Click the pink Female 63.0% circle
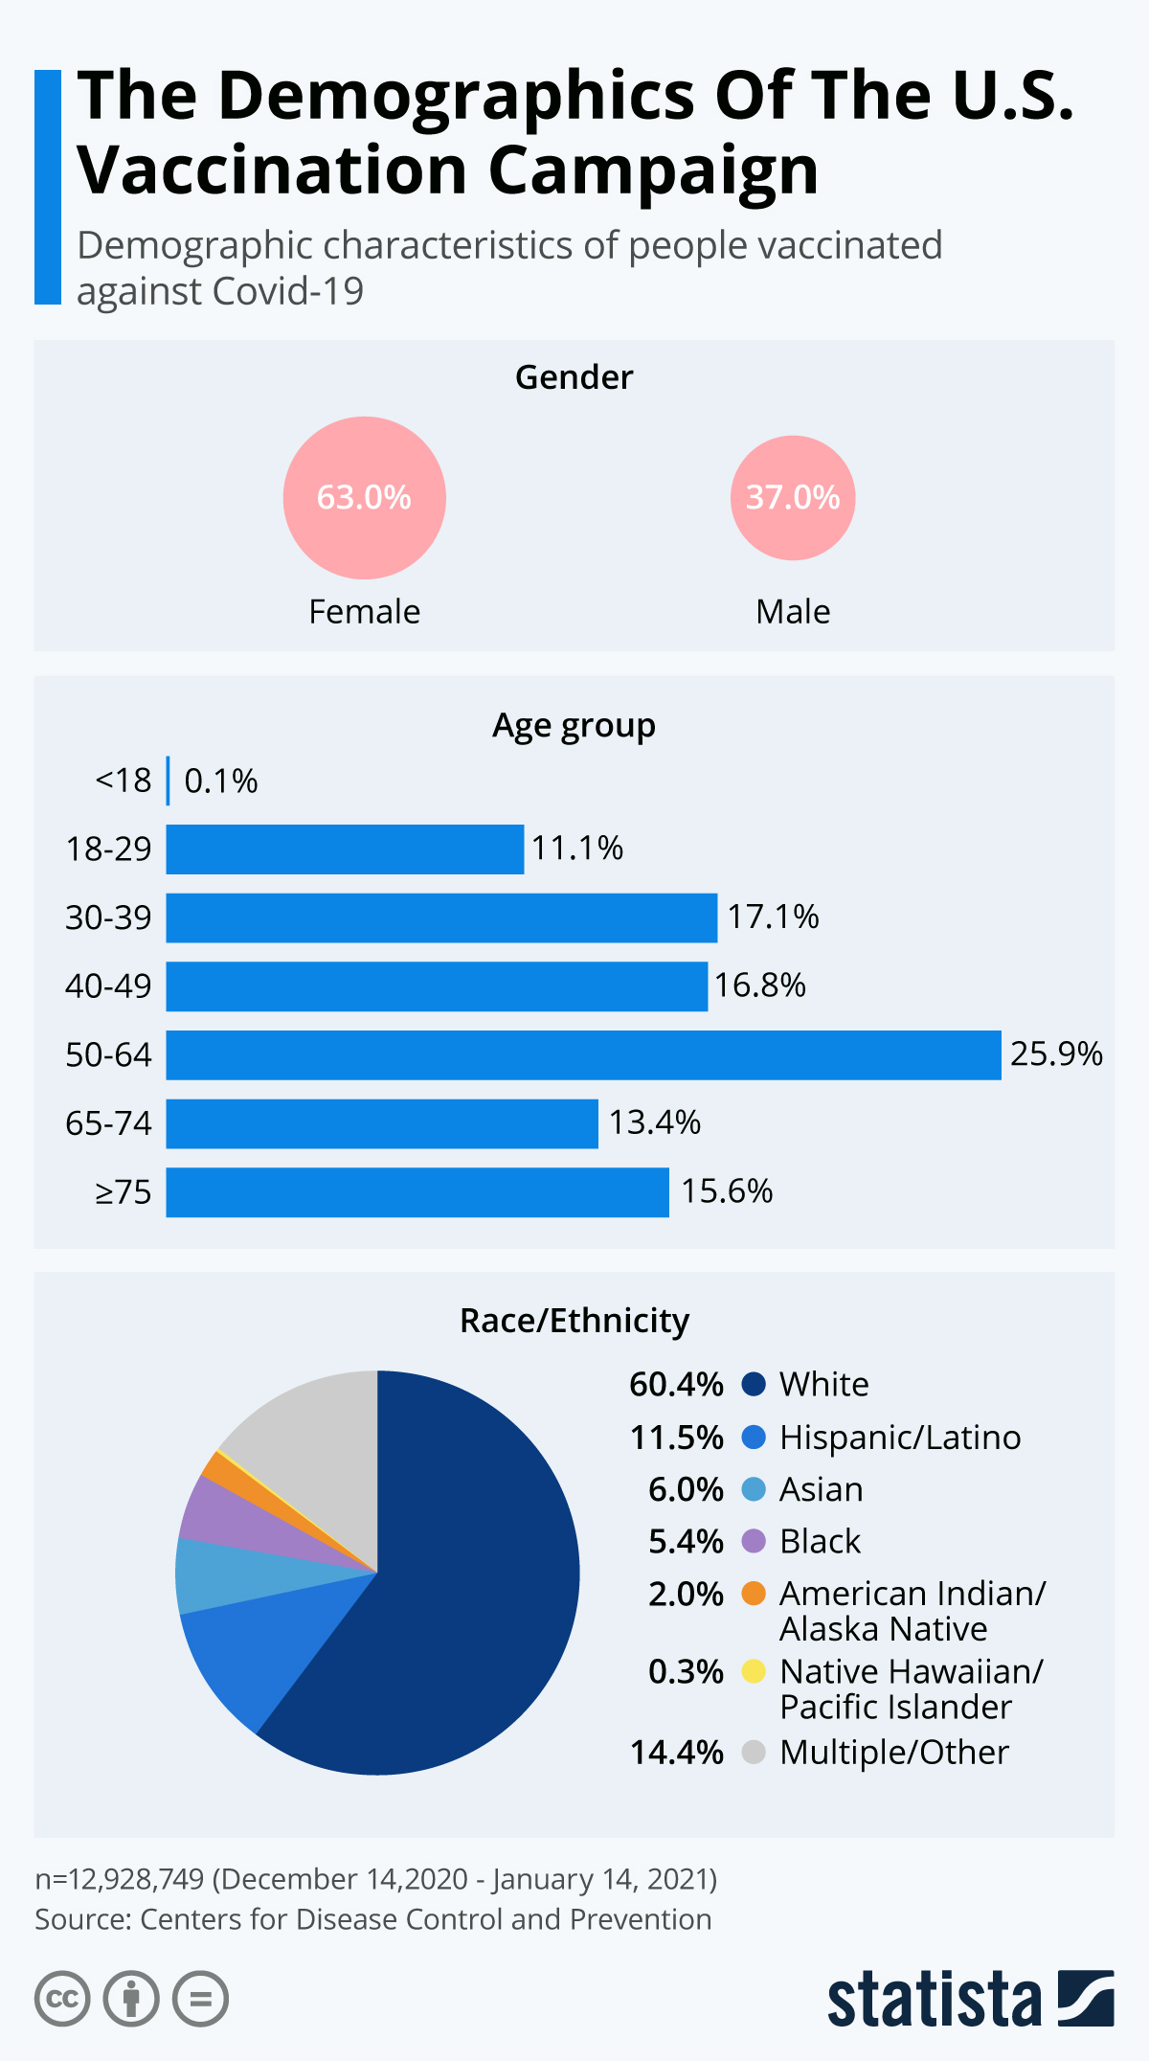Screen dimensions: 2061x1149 pos(364,498)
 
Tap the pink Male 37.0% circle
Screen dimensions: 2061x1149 pos(793,498)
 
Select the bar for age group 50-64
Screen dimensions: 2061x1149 pos(583,1054)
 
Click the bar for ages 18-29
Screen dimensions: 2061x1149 pos(345,849)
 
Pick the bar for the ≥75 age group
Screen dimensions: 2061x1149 pos(417,1192)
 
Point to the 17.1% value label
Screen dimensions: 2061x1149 pos(773,917)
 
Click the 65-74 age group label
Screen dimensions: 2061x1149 pos(108,1123)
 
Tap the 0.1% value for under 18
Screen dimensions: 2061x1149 pos(220,781)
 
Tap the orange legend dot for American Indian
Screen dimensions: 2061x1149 pos(754,1594)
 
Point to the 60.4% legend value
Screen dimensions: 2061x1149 pos(676,1385)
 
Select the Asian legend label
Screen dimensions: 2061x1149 pos(821,1490)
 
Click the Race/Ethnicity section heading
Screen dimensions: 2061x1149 pos(574,1321)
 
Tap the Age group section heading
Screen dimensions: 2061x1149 pos(574,726)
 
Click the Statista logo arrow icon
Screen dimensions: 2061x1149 pos(1086,1998)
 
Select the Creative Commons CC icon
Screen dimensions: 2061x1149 pos(62,2000)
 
